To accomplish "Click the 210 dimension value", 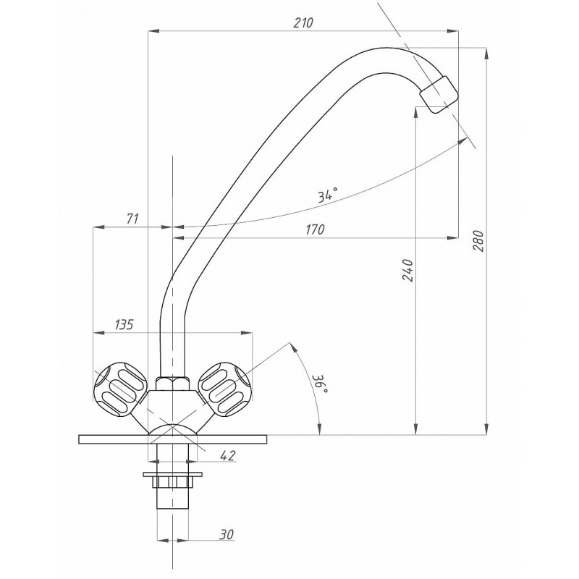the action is point(303,23).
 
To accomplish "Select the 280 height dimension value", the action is point(478,241).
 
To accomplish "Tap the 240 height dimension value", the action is point(407,270).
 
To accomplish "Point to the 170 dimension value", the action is point(315,229).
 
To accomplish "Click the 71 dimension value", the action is point(132,219).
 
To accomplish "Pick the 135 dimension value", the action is point(124,325).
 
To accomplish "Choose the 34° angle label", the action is point(328,195).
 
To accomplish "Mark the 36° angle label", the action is point(320,385).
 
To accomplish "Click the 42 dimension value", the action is point(228,456).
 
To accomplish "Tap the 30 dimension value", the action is point(227,534).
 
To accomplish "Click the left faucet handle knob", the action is point(121,388).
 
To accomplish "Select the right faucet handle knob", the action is point(225,388).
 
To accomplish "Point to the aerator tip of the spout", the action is point(439,95).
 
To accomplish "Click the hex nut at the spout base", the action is point(172,384).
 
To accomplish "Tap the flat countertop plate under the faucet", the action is point(172,439).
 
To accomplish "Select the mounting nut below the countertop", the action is point(172,481).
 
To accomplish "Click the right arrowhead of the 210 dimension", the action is point(453,32).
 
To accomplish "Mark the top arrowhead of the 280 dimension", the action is point(486,54).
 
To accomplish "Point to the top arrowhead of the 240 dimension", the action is point(415,113).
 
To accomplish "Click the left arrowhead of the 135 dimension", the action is point(98,333).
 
